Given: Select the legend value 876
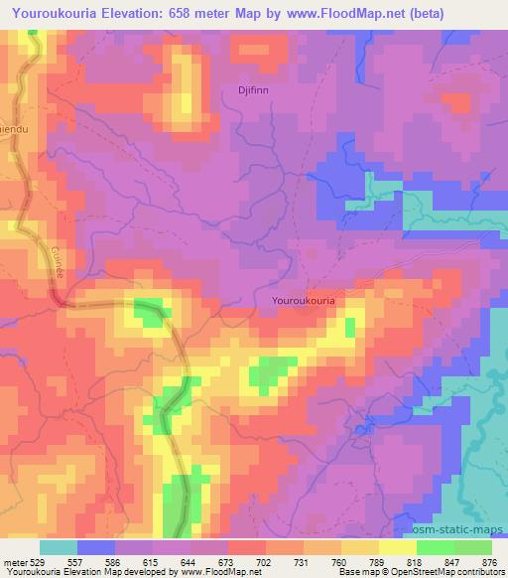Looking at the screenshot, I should coord(490,561).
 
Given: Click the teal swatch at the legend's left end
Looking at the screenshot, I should coord(59,547).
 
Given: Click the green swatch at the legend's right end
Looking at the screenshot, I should coord(473,547).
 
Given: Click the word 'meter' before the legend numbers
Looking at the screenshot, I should coord(15,561).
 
